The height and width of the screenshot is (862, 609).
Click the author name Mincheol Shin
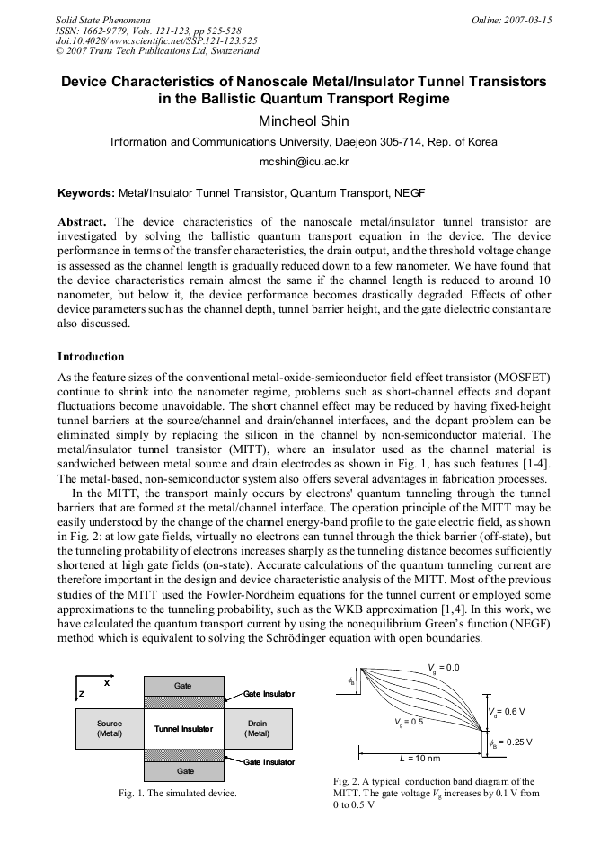click(x=304, y=121)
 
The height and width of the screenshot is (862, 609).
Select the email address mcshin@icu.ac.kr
click(x=304, y=162)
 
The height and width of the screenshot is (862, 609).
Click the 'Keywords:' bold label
click(x=86, y=192)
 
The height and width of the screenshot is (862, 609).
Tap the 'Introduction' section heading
click(x=91, y=357)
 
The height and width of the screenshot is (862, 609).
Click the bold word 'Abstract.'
click(x=83, y=222)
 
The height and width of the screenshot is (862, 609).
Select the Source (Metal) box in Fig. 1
click(x=110, y=729)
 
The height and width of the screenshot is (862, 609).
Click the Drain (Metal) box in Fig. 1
click(x=257, y=729)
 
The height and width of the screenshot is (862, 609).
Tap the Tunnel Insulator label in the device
click(x=183, y=729)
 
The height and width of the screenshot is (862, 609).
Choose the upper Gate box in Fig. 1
click(x=183, y=686)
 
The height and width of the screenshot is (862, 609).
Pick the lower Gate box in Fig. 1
click(x=185, y=771)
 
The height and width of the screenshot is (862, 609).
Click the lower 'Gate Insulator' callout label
click(x=268, y=762)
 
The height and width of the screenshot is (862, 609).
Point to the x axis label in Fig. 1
click(x=107, y=682)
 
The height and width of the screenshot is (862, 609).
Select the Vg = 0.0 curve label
click(x=444, y=668)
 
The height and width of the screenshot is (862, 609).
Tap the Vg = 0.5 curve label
click(x=409, y=722)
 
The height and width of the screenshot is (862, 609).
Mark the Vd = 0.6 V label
click(x=507, y=712)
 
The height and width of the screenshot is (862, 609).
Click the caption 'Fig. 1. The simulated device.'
click(x=178, y=794)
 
